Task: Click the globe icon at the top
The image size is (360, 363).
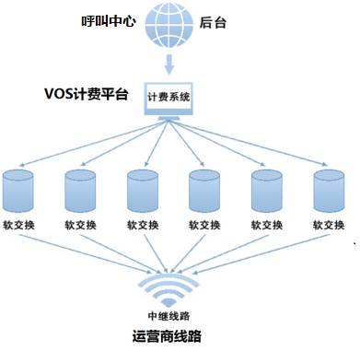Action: pos(168,25)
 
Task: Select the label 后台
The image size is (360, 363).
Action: pos(213,23)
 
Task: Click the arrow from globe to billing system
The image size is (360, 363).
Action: pos(168,64)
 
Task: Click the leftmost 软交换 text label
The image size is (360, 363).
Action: pos(18,225)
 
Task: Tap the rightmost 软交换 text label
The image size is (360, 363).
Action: pos(328,225)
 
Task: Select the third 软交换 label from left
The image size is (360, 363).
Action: pos(143,225)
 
